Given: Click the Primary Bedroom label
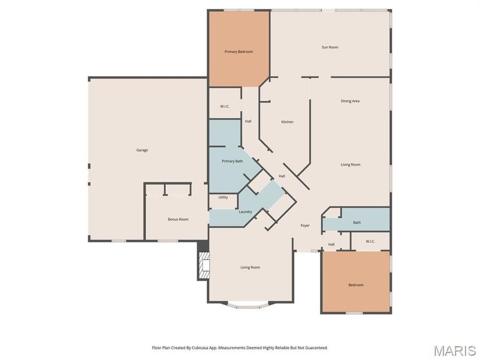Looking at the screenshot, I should click(x=238, y=52).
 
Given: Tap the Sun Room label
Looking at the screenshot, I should click(x=330, y=47).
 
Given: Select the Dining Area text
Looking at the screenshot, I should click(x=350, y=101).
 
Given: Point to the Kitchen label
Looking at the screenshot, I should click(x=287, y=122).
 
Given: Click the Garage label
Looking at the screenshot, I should click(x=142, y=150).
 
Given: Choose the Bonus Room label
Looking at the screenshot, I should click(x=178, y=219).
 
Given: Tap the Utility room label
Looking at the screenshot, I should click(x=223, y=197).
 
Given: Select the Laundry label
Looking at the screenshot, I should click(x=245, y=212).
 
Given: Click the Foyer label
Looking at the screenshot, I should click(x=305, y=226).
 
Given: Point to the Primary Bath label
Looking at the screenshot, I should click(x=233, y=161).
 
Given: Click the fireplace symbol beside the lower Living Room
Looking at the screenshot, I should click(x=203, y=265).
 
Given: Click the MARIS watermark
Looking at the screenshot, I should click(x=454, y=350).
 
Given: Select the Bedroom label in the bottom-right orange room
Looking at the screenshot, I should click(x=356, y=285).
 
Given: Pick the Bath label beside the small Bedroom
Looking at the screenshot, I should click(x=357, y=222).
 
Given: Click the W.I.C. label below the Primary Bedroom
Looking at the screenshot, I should click(x=225, y=107).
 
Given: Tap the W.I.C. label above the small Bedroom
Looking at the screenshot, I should click(x=371, y=242).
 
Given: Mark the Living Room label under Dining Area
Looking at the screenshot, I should click(x=350, y=165).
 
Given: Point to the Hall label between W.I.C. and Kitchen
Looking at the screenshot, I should click(x=248, y=122).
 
